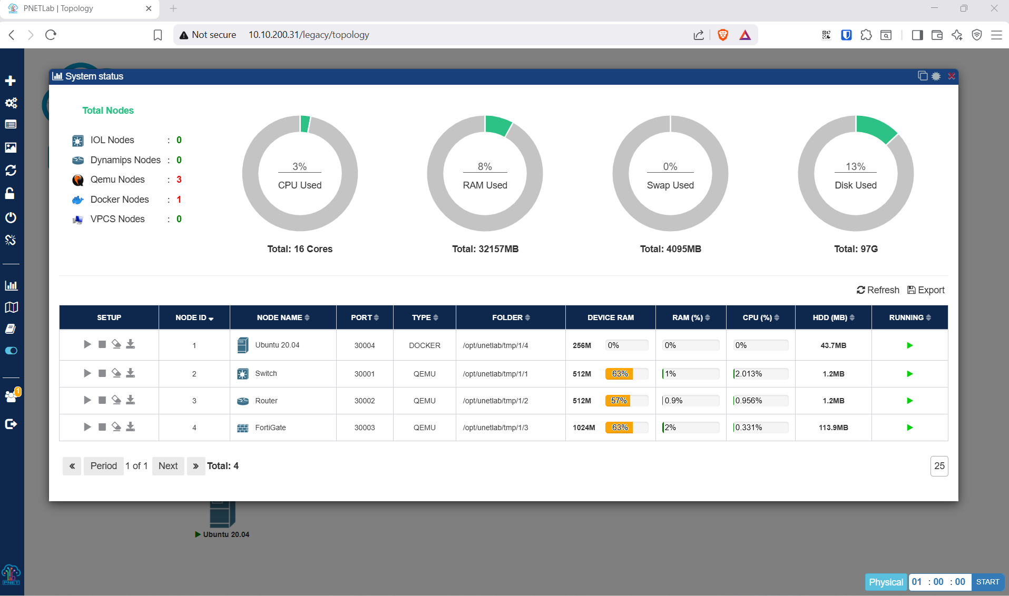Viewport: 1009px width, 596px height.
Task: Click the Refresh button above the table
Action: (878, 290)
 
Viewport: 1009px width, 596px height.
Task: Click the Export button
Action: (926, 290)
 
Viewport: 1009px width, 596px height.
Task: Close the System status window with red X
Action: (952, 76)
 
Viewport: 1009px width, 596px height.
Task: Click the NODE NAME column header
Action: (283, 317)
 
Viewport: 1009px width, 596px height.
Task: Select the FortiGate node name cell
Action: (270, 428)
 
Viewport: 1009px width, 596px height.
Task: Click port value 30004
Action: (365, 345)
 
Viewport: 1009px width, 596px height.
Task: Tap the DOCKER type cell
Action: (425, 345)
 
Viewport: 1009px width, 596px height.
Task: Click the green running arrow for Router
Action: (910, 401)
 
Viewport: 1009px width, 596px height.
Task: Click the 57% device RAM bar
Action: (626, 401)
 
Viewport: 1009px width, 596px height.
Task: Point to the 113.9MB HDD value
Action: (834, 428)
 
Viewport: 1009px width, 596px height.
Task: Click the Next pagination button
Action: (168, 466)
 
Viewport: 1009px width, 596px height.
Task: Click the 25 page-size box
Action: (939, 466)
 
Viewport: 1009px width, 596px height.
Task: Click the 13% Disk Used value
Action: (856, 166)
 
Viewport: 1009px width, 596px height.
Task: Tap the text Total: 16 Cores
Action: (300, 249)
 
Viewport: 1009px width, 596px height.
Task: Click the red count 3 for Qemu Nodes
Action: (179, 180)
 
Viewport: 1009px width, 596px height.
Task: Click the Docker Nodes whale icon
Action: (78, 200)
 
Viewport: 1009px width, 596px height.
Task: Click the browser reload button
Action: (51, 35)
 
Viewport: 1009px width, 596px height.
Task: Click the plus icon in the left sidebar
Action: (11, 81)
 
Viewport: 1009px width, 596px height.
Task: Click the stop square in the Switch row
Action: (102, 373)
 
